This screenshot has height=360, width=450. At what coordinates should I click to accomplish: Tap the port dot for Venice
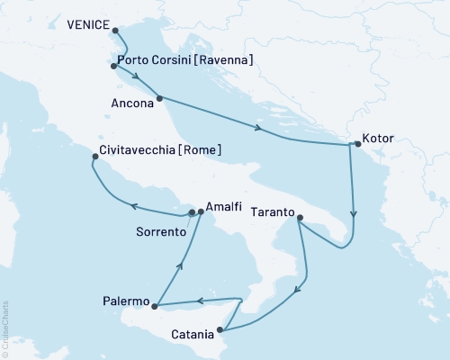(x=115, y=28)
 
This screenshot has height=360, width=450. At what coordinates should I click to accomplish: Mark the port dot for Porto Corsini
(x=113, y=66)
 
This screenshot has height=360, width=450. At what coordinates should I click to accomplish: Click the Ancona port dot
(x=159, y=97)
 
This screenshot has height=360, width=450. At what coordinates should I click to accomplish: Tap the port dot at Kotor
(x=357, y=143)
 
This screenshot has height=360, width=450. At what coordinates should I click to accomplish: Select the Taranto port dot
(x=300, y=217)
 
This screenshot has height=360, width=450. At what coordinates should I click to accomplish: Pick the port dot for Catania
(x=220, y=329)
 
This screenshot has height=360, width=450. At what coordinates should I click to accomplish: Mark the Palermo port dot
(x=156, y=307)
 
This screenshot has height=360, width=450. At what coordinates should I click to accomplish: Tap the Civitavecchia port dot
(x=95, y=157)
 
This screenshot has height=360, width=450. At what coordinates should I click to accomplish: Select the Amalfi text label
(x=224, y=206)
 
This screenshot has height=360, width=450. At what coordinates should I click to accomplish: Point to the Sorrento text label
(x=160, y=231)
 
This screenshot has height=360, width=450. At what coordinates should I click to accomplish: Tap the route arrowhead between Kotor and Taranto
(x=354, y=215)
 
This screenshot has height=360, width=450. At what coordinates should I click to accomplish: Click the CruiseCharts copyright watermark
(x=5, y=328)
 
